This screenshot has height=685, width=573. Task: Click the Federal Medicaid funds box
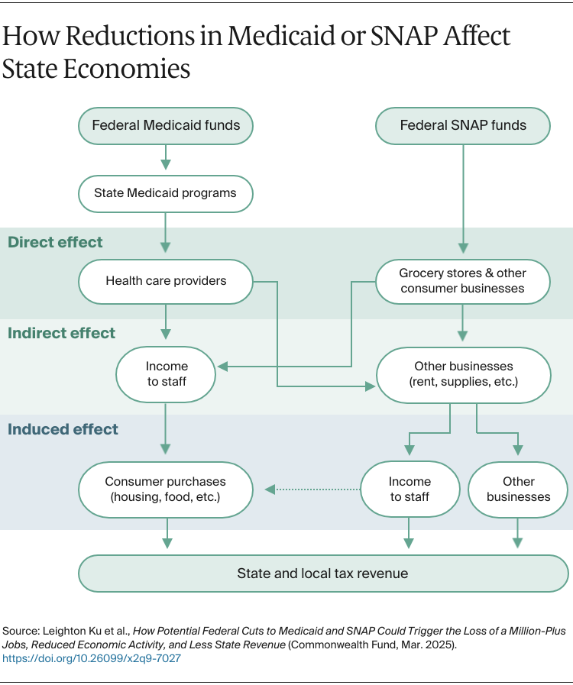pos(166,125)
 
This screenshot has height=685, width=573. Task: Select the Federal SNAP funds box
pos(463,125)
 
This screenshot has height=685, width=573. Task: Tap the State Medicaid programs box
pos(166,193)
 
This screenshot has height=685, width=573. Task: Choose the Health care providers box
pos(166,280)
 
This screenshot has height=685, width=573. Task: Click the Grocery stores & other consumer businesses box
pos(462,280)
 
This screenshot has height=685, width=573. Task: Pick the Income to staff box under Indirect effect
pos(167,373)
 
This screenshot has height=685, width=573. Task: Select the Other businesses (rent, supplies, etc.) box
pos(463,373)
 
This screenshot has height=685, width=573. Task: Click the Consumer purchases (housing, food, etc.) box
pos(166,489)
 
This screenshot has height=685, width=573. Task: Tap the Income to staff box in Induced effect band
pos(410,489)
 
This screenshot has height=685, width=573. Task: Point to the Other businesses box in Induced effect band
pos(518,489)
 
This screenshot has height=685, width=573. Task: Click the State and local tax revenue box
pos(323,573)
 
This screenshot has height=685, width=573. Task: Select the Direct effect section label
pos(55,242)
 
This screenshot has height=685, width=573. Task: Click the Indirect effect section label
pos(61,333)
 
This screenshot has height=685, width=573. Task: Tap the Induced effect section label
pos(63,429)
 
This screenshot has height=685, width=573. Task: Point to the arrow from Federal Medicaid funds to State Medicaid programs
pos(166,159)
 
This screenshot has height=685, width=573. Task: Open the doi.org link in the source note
pos(92,658)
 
